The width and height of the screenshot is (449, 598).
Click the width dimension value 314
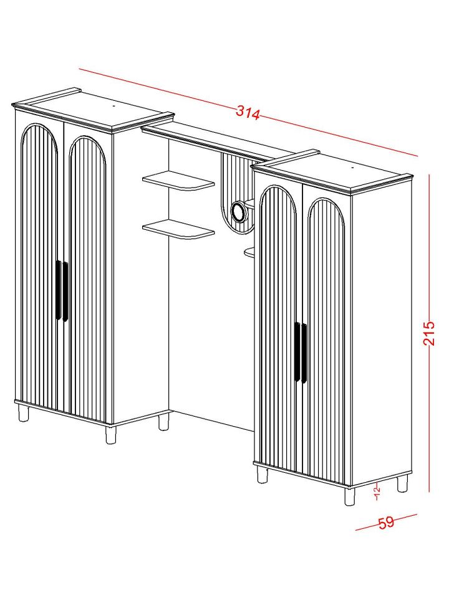coord(248,113)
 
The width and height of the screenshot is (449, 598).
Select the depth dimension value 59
coord(386,522)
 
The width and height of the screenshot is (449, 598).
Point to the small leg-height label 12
coord(377,491)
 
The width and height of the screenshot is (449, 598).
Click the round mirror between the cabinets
coord(239,212)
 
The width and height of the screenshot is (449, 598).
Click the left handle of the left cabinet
coord(59,290)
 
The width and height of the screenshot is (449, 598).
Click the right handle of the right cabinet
coord(304,353)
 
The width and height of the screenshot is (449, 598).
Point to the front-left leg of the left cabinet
coord(24,412)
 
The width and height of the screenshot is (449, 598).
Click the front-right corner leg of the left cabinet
coord(110,435)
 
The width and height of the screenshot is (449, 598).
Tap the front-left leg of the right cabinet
coord(263,475)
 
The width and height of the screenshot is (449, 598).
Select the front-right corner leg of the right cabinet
coord(349,496)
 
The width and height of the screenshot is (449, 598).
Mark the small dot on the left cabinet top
coord(114,106)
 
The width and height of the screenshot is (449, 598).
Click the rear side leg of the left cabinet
coord(163,422)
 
